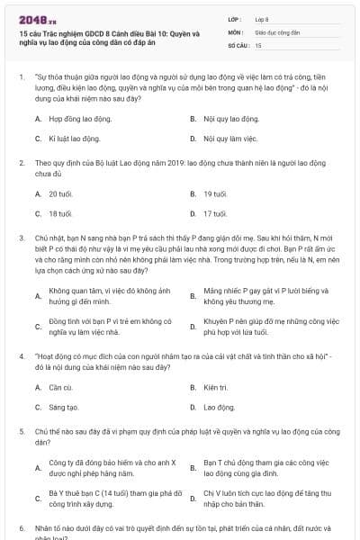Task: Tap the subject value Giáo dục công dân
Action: coord(276,31)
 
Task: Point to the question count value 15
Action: coord(258,44)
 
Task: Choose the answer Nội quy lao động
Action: coord(231,119)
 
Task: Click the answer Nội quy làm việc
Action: coord(230,139)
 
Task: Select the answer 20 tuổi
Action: coord(60,193)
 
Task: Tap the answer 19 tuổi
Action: coord(215,193)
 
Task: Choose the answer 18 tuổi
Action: coord(60,213)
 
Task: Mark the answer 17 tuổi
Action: coord(215,213)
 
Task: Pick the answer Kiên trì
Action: coord(216,387)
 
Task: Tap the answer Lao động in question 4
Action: coord(219,407)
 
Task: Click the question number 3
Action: coord(21,233)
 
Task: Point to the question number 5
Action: coord(21,432)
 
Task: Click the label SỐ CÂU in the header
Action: coord(238,44)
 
